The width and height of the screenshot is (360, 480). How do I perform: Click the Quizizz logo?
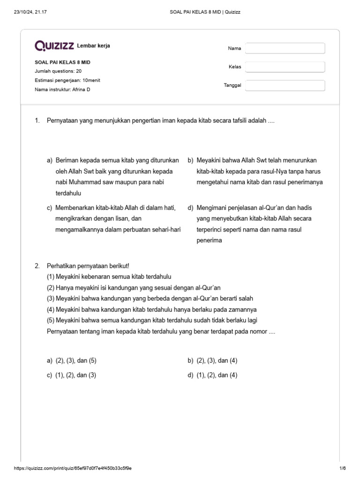point(54,45)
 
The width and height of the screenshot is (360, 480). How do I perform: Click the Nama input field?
point(285,48)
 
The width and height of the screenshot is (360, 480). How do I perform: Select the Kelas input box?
point(285,67)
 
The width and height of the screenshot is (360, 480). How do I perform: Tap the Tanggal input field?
point(285,85)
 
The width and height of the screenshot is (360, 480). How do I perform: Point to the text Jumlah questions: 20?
point(58,71)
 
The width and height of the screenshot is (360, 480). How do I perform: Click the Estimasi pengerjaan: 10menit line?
point(67,80)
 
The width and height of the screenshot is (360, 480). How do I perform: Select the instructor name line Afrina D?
point(62,90)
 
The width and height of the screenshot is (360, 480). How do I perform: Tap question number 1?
point(37,121)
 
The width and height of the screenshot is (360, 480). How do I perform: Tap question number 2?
point(37,266)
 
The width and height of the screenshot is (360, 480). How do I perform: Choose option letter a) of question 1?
point(49,160)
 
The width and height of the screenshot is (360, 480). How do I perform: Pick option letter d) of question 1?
point(190,208)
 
